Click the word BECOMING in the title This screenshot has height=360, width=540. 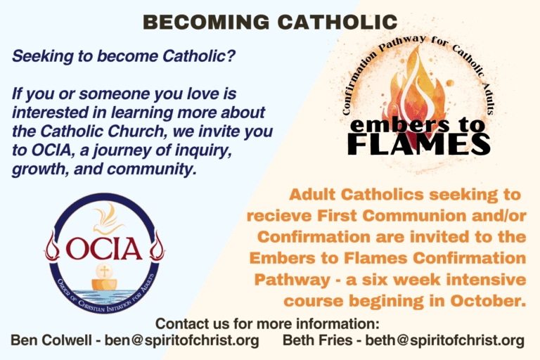pos(206,22)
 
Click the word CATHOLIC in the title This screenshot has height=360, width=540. pos(337,22)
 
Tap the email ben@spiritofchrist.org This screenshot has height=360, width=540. pos(182,340)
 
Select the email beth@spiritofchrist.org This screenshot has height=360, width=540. pos(444,340)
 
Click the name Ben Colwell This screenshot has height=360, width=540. pos(51,340)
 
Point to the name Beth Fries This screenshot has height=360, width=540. pos(318,340)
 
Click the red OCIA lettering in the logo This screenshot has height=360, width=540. pos(104,248)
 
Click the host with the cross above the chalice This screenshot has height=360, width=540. pos(104,271)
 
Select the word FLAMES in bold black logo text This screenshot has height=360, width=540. pos(419,144)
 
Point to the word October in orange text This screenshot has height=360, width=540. pos(489,301)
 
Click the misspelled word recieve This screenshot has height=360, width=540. pos(279,216)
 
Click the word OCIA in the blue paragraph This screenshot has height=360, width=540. pos(51,150)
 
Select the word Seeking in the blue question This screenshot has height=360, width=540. pos(43,56)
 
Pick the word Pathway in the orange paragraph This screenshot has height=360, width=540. pos(292,280)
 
